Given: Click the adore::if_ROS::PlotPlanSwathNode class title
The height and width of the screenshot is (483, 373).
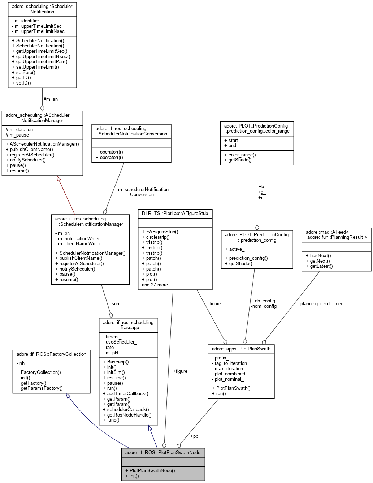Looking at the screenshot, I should coord(163,452).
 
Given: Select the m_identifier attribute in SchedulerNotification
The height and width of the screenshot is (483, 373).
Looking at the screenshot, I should coord(27,21).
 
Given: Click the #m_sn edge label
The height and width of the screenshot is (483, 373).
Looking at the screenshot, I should coord(51,99).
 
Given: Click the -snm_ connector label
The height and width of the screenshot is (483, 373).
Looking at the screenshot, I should coord(117,304).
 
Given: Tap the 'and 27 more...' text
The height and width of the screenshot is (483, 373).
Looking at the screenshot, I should coord(157,285).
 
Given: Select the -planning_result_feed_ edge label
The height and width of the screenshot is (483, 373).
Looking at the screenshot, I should coord(322,304).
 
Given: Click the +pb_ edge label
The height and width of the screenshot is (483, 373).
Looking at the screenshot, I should coord(195,436).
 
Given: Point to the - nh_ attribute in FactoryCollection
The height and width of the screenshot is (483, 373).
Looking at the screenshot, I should coord(22,363).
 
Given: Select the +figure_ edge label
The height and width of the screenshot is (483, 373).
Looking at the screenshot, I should coord(181,371).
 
